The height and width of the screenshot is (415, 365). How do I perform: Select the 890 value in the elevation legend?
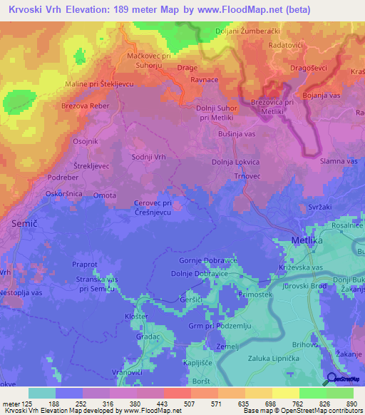click(351, 403)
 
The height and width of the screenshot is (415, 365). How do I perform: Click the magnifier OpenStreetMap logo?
click(332, 379)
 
